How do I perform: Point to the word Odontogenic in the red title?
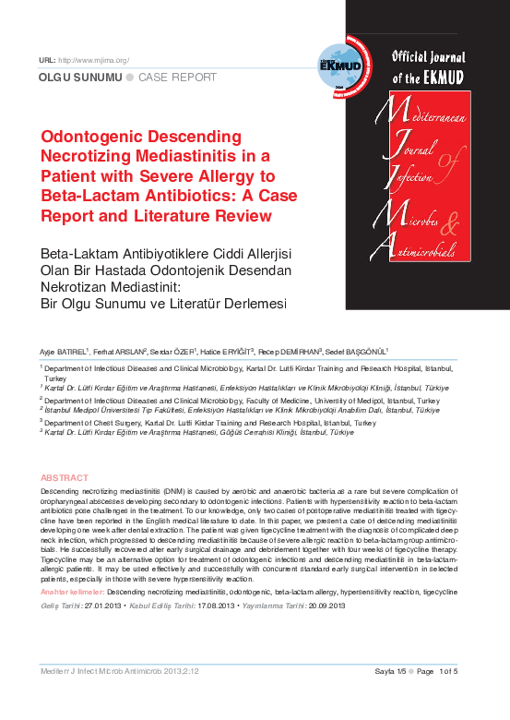pyautogui.click(x=97, y=136)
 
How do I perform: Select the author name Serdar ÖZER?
pyautogui.click(x=173, y=352)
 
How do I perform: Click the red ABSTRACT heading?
pyautogui.click(x=64, y=477)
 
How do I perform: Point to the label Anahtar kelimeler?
pyautogui.click(x=72, y=589)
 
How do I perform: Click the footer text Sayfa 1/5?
pyautogui.click(x=383, y=670)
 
